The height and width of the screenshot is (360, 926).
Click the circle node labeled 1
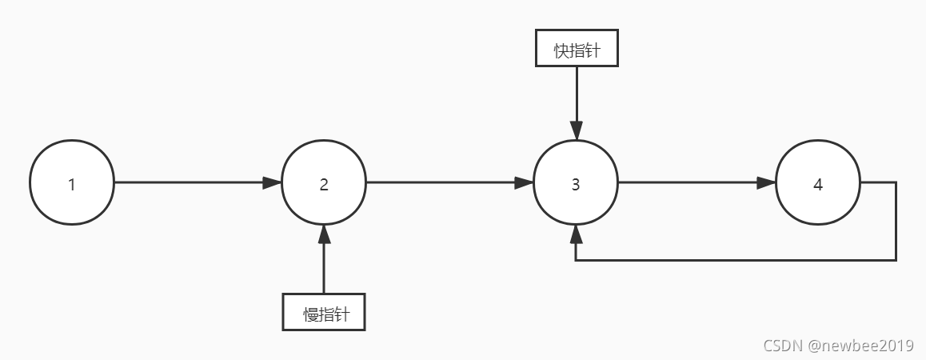pos(72,183)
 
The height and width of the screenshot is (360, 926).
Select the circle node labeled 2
pos(324,183)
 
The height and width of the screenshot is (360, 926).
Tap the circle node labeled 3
pos(576,183)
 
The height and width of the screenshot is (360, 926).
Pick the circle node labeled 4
pos(817,183)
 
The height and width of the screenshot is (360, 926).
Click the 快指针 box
pos(576,51)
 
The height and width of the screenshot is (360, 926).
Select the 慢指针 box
pos(324,312)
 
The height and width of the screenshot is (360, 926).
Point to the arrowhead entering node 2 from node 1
pos(273,183)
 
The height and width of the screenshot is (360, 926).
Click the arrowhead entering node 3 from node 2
pos(525,183)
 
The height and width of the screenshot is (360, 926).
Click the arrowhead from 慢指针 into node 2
pos(324,234)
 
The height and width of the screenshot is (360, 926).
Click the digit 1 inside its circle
pos(72,184)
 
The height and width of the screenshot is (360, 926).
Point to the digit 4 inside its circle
pos(817,184)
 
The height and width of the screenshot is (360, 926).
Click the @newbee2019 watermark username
pos(860,346)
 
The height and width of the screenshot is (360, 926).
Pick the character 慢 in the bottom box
pos(310,313)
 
